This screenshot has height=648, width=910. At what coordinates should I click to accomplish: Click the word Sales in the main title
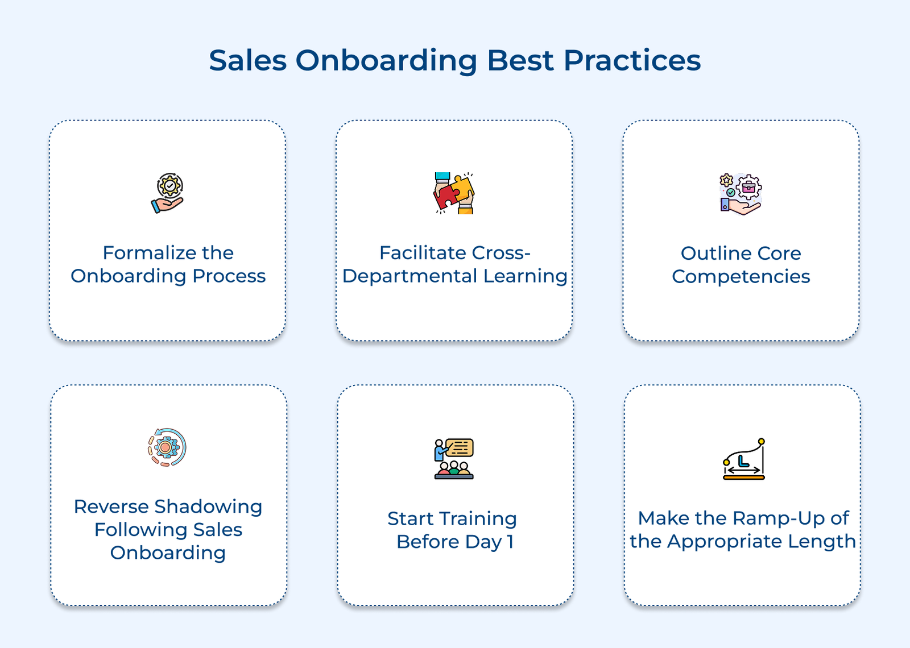pyautogui.click(x=247, y=60)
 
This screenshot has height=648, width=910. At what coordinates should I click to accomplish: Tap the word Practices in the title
pyautogui.click(x=632, y=60)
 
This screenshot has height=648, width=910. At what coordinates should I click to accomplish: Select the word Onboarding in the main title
pyautogui.click(x=386, y=61)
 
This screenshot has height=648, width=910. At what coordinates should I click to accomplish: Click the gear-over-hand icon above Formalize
pyautogui.click(x=168, y=193)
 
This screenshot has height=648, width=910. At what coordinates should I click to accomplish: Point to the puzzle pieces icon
pyautogui.click(x=454, y=193)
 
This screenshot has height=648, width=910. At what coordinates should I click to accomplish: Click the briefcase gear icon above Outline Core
pyautogui.click(x=741, y=194)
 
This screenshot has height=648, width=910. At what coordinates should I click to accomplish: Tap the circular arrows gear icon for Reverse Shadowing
pyautogui.click(x=167, y=447)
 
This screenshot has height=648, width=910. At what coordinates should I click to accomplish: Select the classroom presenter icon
pyautogui.click(x=454, y=459)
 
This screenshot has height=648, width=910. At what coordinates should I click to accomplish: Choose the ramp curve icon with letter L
pyautogui.click(x=743, y=459)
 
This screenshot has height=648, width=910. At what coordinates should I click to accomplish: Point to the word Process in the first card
pyautogui.click(x=229, y=276)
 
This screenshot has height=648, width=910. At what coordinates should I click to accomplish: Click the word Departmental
pyautogui.click(x=409, y=276)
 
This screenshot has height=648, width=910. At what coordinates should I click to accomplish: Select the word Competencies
pyautogui.click(x=741, y=277)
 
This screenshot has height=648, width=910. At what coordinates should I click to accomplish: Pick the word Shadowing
pyautogui.click(x=208, y=506)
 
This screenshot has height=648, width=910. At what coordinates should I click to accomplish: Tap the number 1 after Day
pyautogui.click(x=510, y=542)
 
